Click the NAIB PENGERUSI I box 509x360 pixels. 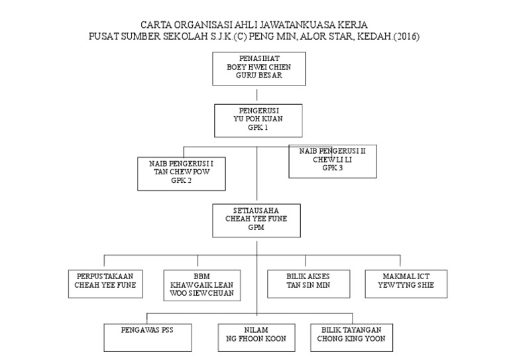point(180,171)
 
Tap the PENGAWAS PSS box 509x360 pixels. point(148,336)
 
